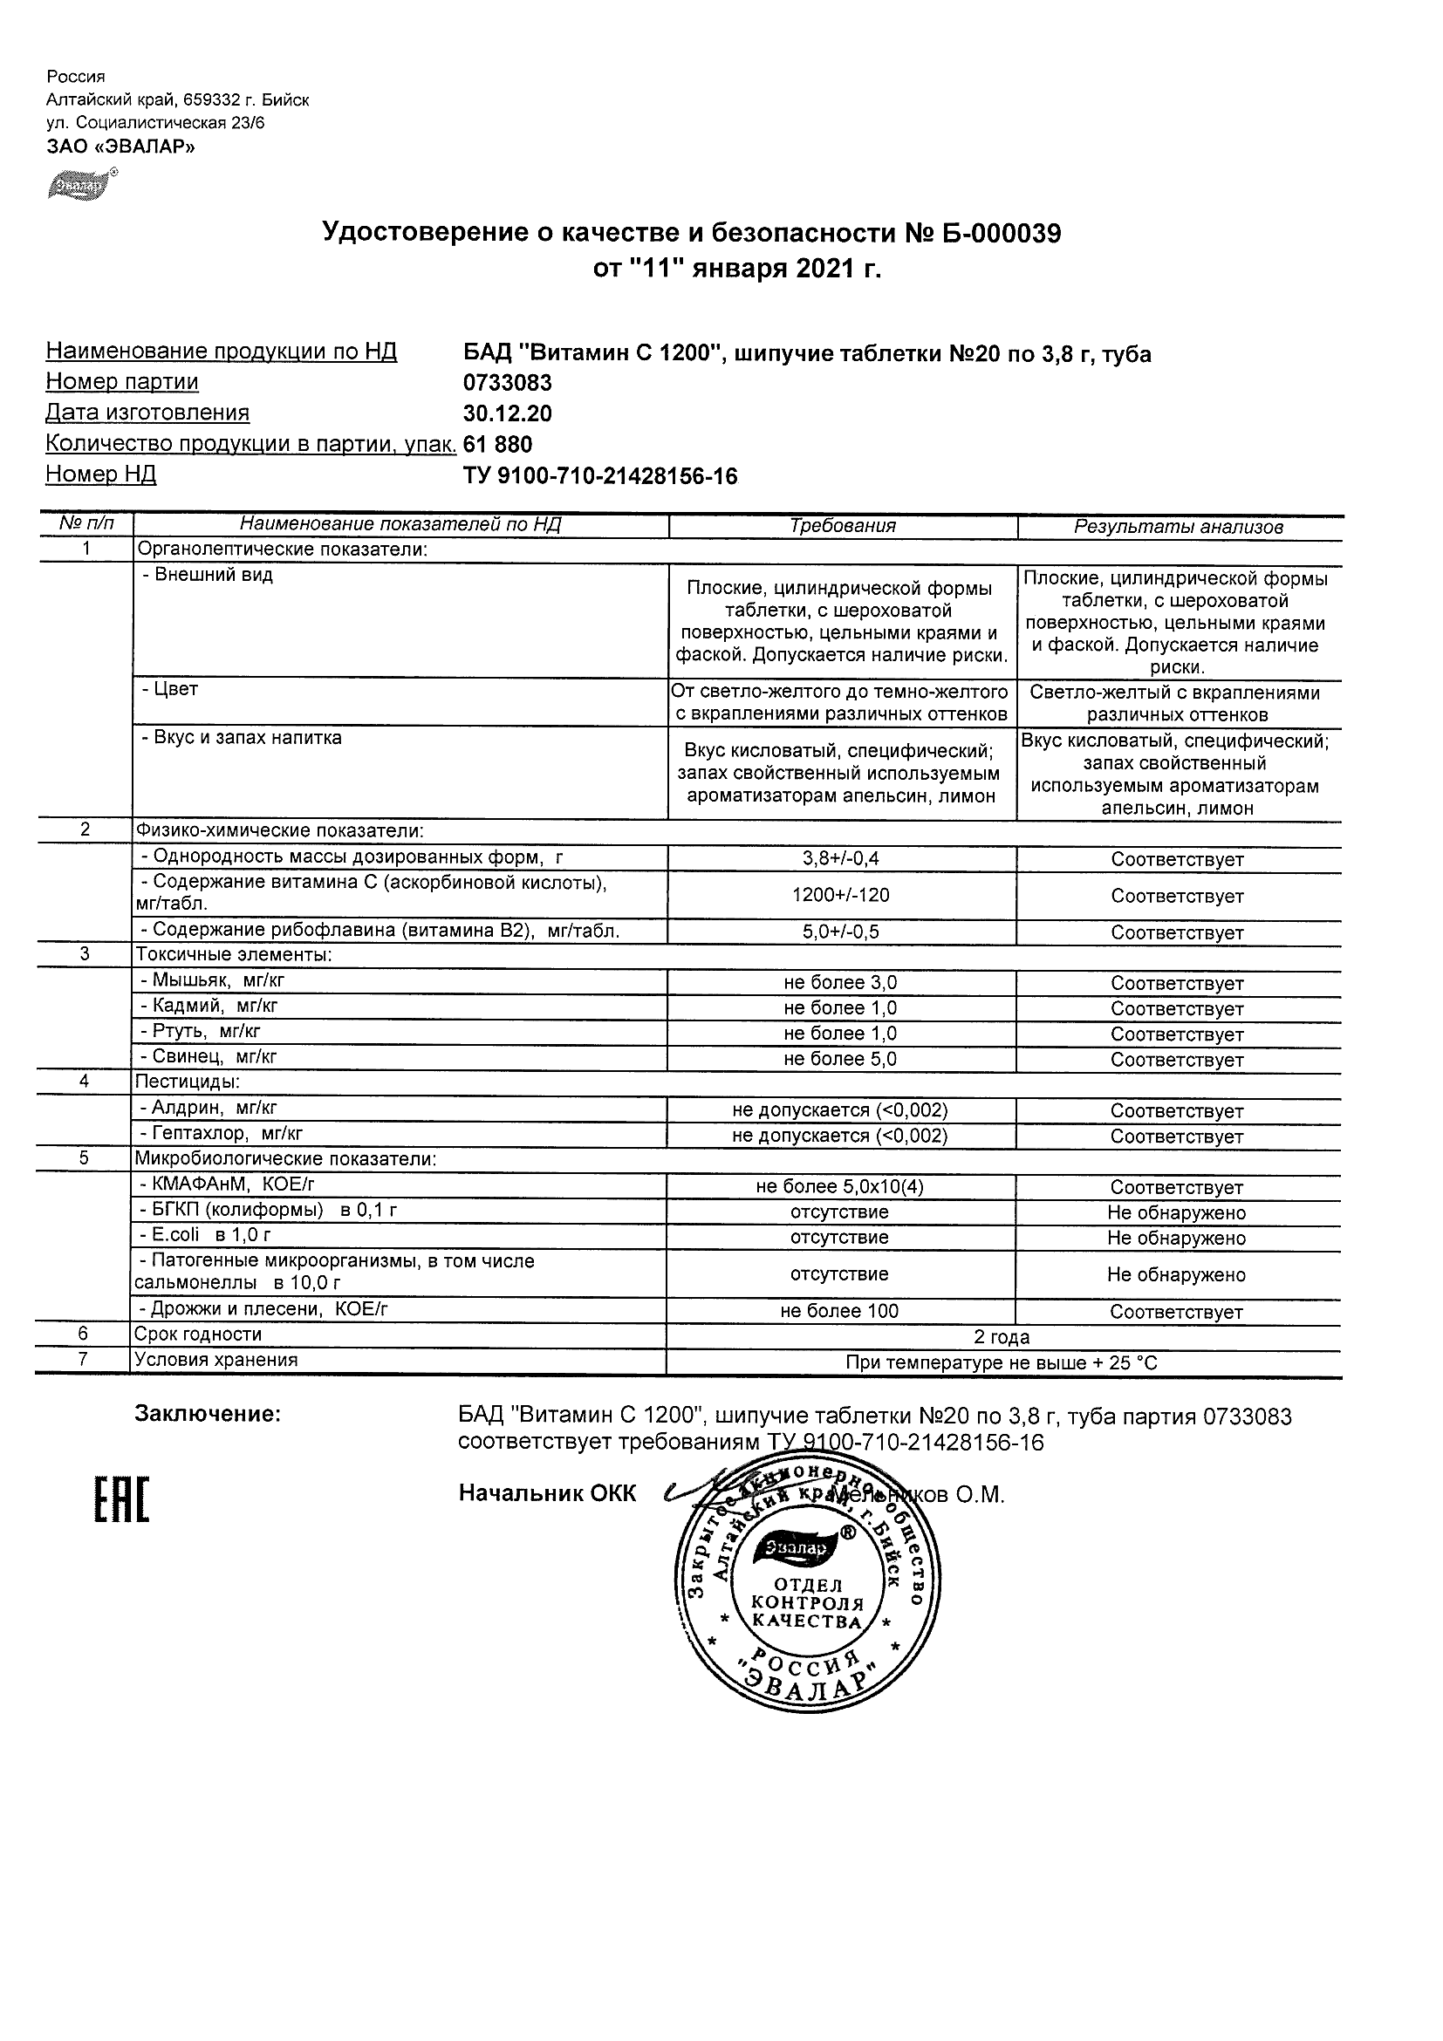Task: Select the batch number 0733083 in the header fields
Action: (x=507, y=383)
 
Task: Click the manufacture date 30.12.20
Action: (x=507, y=413)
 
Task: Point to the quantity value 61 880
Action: (x=498, y=445)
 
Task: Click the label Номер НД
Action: (x=100, y=474)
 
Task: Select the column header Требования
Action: (x=842, y=526)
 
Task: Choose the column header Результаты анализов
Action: (x=1178, y=527)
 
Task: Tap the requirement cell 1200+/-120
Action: (x=840, y=895)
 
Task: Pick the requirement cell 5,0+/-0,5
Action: (x=840, y=932)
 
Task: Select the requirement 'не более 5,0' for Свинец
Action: (x=840, y=1059)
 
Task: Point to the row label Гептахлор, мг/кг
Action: (x=222, y=1133)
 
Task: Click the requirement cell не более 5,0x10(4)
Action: (x=840, y=1187)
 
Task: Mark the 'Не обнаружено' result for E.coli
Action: (x=1176, y=1239)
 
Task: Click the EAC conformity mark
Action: (x=122, y=1499)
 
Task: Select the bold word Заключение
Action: (x=207, y=1414)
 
